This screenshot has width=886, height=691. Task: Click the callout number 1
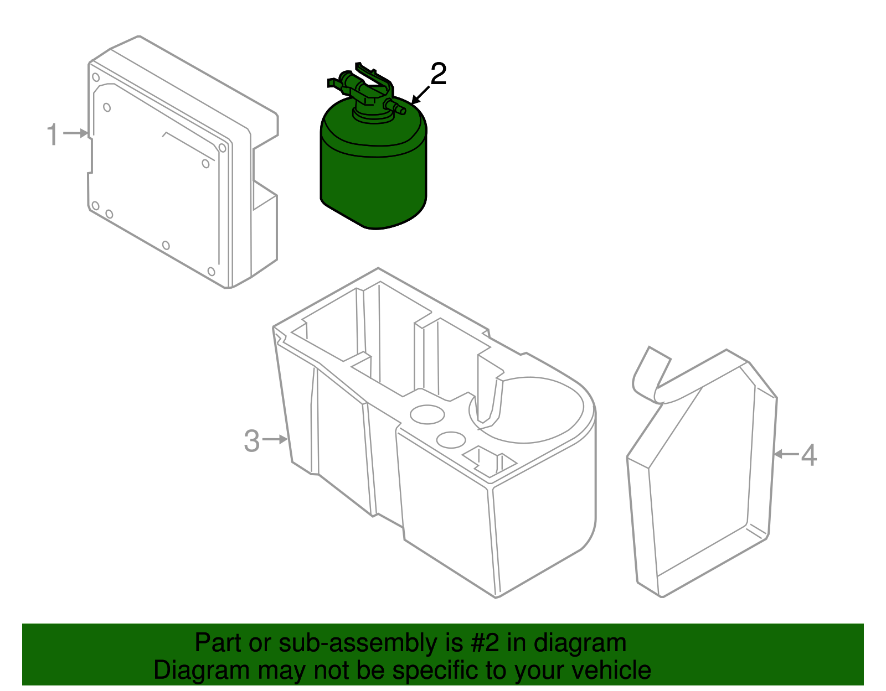53,134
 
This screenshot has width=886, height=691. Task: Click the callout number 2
439,74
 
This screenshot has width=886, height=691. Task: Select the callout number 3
252,441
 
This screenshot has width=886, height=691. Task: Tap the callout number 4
809,455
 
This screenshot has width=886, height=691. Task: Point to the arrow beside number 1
76,133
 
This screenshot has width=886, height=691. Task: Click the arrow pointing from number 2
420,95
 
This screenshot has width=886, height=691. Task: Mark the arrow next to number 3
275,439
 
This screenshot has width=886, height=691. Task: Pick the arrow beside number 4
786,454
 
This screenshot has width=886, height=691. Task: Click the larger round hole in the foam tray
427,414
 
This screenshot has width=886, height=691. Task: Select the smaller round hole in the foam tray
451,440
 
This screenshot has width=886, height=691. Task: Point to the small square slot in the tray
490,462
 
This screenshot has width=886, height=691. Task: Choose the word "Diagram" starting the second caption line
202,671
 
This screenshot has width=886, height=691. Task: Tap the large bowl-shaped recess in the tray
527,410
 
